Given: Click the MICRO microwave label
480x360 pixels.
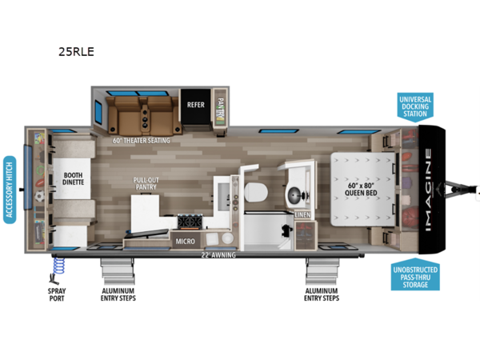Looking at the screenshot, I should pos(185,238).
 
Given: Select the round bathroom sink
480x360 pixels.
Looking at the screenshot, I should pos(296,192).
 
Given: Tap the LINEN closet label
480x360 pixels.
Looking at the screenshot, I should pos(302,214).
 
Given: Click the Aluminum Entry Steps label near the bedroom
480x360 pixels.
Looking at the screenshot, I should pos(322,294).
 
